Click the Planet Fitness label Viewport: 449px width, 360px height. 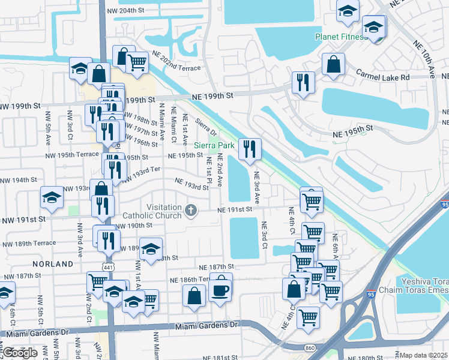coord(340,37)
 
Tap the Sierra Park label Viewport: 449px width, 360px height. coord(214,145)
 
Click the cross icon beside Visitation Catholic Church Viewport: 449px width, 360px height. coord(191,209)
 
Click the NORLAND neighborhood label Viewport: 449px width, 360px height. coord(53,263)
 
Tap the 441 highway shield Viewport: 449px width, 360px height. coord(109,266)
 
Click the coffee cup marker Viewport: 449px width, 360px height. coord(220,290)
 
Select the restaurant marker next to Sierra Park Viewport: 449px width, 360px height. coord(249,149)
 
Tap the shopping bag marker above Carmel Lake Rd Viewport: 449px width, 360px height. coord(333,64)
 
